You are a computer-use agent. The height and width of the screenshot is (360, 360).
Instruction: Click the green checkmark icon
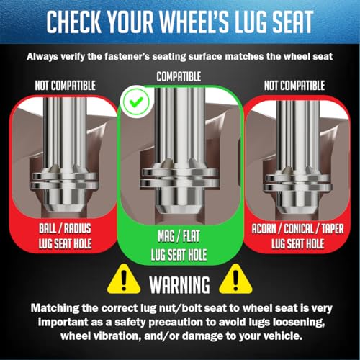[136, 102]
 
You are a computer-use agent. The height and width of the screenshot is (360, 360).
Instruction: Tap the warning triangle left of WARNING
[124, 280]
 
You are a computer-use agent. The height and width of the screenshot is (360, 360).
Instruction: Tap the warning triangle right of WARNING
[235, 280]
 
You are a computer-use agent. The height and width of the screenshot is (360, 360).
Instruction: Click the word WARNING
[179, 285]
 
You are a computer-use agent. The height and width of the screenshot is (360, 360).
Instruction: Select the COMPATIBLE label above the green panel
[179, 76]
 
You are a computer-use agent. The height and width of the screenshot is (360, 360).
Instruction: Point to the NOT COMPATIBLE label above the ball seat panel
[66, 86]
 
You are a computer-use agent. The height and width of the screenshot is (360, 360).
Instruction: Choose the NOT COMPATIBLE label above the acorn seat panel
[294, 86]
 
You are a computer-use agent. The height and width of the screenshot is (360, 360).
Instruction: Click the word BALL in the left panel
[48, 228]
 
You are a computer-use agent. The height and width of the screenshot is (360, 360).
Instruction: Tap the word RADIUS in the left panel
[78, 228]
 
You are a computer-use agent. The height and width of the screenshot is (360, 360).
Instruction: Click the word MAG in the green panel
[166, 236]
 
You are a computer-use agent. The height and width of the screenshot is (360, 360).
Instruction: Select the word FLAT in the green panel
[192, 236]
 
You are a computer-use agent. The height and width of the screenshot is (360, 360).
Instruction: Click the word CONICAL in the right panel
[299, 229]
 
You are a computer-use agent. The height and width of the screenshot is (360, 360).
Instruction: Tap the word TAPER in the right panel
[333, 229]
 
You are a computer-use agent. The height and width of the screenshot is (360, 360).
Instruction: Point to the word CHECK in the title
[73, 22]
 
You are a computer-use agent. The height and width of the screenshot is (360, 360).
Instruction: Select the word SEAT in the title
[292, 22]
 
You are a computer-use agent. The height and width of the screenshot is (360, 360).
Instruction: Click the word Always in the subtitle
[42, 57]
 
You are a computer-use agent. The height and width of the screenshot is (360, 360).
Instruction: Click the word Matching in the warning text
[55, 308]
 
